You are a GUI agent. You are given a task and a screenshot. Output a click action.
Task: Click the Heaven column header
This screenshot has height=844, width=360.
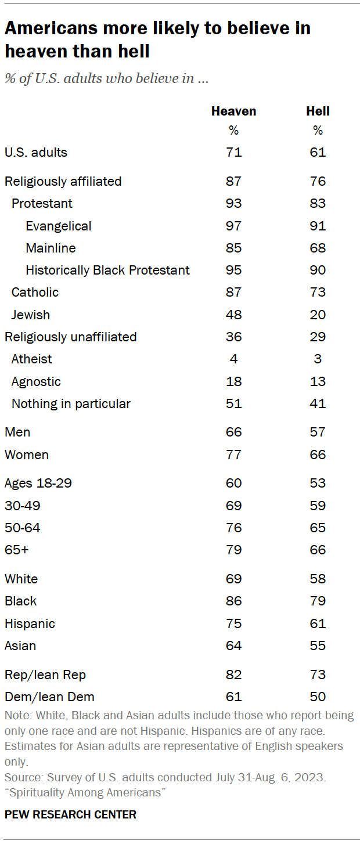point(233,111)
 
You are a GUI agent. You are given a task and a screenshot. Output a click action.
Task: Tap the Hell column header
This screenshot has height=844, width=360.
point(318,111)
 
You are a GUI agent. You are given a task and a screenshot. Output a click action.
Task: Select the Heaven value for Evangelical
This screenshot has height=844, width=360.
point(234,226)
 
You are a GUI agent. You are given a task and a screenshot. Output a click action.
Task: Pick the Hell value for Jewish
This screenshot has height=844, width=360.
point(318,315)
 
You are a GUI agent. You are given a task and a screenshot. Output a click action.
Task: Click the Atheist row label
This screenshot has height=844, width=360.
point(32,359)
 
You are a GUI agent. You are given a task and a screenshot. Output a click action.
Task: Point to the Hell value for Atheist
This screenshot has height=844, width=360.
point(318,359)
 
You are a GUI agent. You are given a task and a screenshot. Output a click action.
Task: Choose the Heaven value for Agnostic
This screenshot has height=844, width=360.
point(234,381)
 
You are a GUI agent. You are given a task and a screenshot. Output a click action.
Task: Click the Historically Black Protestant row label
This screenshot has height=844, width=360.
point(107,270)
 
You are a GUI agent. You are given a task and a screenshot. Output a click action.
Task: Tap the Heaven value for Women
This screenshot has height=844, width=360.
point(234,455)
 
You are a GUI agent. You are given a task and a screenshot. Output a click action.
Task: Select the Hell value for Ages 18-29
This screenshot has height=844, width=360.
point(318,483)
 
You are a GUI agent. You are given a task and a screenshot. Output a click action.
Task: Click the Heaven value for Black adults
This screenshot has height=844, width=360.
point(234,601)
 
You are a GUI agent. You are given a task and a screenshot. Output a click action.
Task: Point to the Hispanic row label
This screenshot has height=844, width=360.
point(30,623)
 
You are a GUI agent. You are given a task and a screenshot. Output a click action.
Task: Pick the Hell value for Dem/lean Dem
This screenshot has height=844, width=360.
point(318,697)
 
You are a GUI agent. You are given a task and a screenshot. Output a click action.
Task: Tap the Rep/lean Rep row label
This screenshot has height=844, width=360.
point(45,675)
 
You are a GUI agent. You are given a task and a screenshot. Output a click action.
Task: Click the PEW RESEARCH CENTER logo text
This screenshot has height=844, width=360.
point(70,814)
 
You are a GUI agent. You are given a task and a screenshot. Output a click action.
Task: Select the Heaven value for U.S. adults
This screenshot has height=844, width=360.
point(234,153)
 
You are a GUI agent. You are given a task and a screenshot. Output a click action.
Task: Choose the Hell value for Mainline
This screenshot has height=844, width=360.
point(318,248)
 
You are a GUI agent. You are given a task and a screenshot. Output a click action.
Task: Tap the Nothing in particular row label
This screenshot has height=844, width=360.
point(71,403)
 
